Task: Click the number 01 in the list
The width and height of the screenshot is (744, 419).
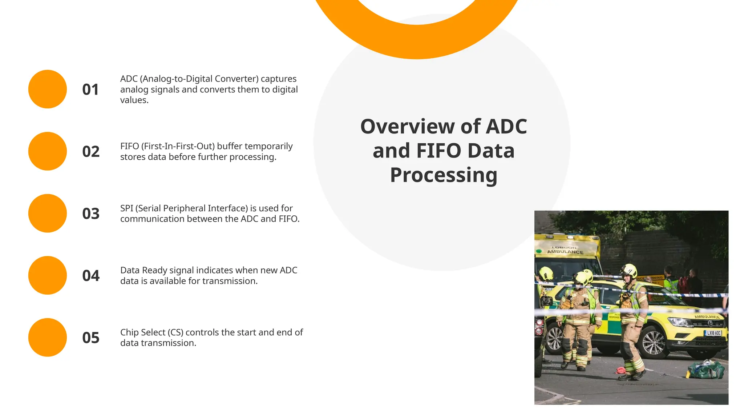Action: click(90, 89)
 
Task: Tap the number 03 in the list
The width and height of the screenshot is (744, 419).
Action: click(91, 214)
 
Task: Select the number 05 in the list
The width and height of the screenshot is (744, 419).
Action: click(91, 338)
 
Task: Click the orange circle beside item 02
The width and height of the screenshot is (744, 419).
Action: click(48, 151)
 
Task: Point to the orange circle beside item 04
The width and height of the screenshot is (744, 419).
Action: click(48, 275)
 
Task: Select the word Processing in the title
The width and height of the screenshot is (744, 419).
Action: click(444, 175)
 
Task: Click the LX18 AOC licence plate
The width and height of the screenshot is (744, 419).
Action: click(713, 333)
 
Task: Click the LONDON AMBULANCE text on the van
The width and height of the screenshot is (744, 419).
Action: click(565, 250)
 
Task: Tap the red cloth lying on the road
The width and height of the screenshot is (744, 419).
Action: click(620, 370)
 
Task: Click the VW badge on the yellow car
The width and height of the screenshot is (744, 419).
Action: click(710, 323)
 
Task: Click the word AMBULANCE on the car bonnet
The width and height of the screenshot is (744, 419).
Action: click(707, 316)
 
